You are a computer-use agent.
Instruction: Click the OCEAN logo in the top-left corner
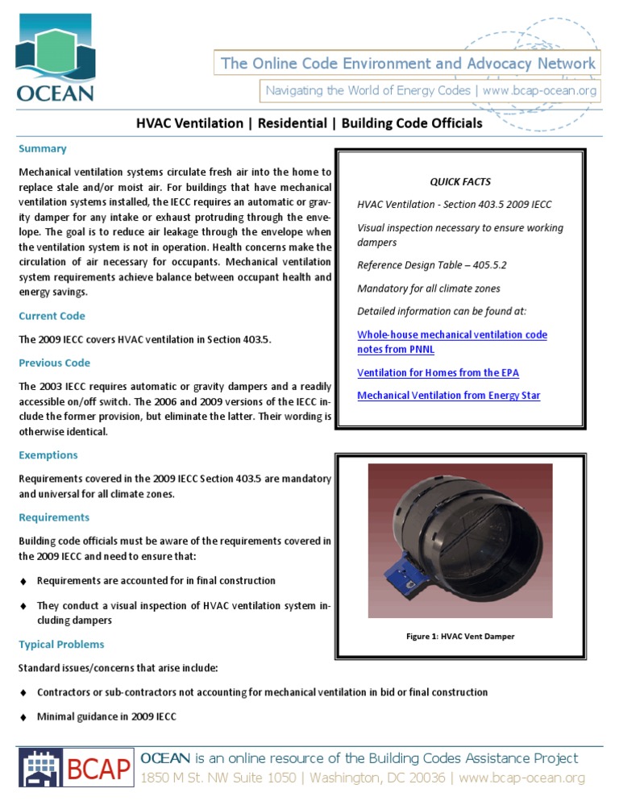coord(55,61)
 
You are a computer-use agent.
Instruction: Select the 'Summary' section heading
coord(43,149)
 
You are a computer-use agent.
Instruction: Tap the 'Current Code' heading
coord(52,316)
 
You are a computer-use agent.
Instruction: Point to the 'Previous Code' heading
coord(54,363)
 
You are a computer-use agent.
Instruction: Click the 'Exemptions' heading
coord(48,455)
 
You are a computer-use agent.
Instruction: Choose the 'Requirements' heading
coord(54,517)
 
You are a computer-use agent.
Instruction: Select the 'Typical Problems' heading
coord(61,645)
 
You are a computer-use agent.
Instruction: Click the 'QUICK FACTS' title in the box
coord(460,182)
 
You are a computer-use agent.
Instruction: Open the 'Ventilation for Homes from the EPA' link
coord(438,373)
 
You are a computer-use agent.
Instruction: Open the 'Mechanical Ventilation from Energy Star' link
coord(448,396)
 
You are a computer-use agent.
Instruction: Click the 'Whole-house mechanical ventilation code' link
coord(451,334)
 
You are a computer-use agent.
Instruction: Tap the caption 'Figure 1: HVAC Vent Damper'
coord(460,637)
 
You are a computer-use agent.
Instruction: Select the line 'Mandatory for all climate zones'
coord(429,288)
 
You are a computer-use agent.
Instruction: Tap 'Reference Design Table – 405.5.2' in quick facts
coord(431,266)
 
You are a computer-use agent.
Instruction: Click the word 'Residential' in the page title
coord(292,123)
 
